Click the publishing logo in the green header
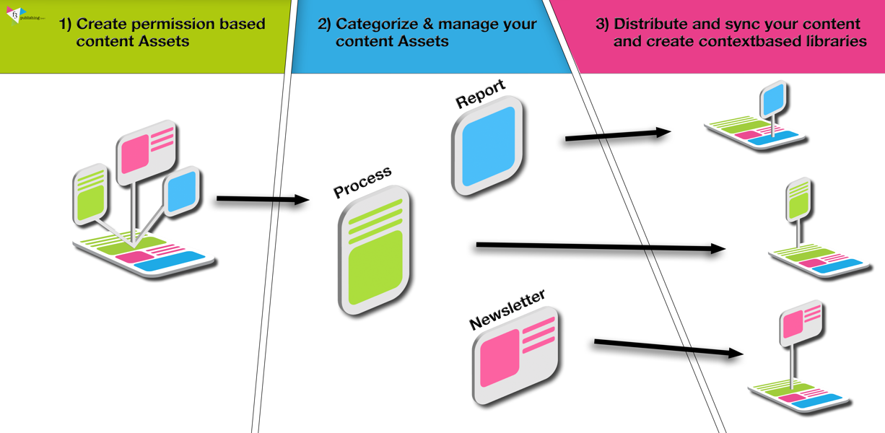pyautogui.click(x=17, y=14)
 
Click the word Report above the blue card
pyautogui.click(x=480, y=95)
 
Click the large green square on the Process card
pyautogui.click(x=375, y=266)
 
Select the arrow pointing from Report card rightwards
pyautogui.click(x=617, y=134)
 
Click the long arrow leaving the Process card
pyautogui.click(x=599, y=248)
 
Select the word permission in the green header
pyautogui.click(x=189, y=24)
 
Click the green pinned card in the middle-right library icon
pyautogui.click(x=798, y=198)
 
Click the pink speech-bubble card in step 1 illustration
pyautogui.click(x=147, y=148)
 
